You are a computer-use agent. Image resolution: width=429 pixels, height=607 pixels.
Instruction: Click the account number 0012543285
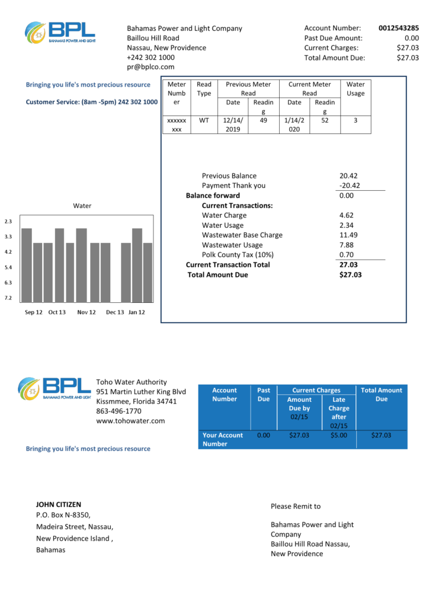398,28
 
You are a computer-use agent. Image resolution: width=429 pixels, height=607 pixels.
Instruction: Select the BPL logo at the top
59,32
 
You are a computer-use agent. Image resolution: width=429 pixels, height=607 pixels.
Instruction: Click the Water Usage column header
356,89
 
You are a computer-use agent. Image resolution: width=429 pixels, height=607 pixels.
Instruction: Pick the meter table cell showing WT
204,120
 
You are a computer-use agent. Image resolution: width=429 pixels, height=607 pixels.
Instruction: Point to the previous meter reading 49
264,120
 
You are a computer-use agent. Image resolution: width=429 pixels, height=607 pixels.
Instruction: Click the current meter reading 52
325,120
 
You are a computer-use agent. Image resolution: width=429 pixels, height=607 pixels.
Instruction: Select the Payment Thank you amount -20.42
350,186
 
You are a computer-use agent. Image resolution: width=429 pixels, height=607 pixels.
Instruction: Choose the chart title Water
82,206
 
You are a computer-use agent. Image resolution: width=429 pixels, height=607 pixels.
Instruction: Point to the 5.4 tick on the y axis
8,267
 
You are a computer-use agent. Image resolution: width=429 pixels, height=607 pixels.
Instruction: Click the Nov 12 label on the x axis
87,312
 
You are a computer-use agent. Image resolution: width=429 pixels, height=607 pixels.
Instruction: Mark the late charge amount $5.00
338,435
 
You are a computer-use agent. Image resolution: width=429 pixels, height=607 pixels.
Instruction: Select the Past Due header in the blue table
264,394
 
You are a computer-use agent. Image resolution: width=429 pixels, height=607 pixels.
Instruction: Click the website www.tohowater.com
130,421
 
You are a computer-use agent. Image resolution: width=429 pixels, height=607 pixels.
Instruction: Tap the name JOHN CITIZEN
59,504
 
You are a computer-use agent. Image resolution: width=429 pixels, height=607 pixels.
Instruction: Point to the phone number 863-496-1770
119,411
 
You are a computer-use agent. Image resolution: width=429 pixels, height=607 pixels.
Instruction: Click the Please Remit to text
296,506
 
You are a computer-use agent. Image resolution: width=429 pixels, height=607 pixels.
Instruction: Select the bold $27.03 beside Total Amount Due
350,274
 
